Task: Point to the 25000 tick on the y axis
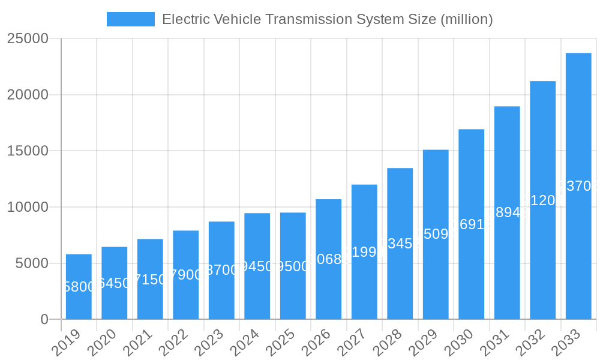click(28, 39)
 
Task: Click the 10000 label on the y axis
click(28, 208)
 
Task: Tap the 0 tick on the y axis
click(44, 320)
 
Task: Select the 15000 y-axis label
click(28, 151)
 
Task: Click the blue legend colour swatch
click(130, 19)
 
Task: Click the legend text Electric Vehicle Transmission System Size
click(328, 19)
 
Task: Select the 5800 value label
click(79, 287)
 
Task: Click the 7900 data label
click(186, 275)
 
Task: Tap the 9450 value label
click(257, 266)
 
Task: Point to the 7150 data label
click(150, 279)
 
